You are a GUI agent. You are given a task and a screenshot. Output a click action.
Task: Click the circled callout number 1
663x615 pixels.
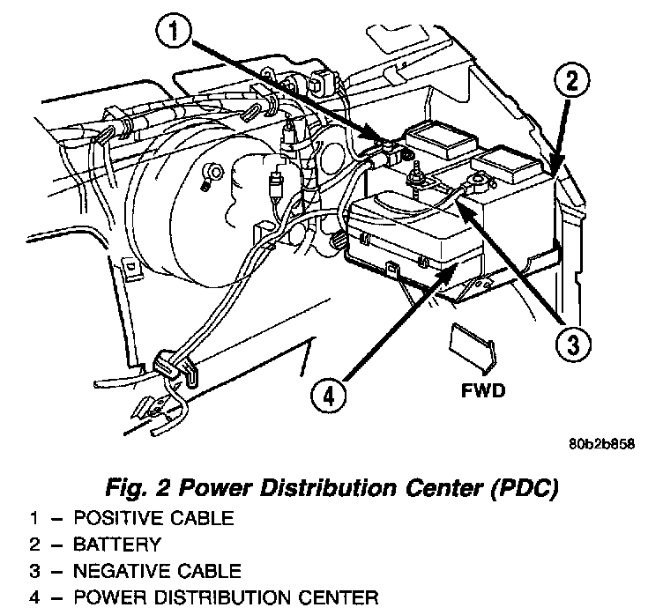(174, 32)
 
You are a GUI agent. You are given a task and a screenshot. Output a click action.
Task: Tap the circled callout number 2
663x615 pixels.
(571, 81)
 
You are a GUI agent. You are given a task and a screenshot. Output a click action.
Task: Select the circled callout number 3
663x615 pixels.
(573, 345)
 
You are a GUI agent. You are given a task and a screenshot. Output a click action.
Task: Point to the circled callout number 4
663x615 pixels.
(329, 396)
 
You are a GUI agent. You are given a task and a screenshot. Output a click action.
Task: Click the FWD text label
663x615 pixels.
(483, 390)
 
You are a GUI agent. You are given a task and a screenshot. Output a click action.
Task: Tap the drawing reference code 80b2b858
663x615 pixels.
(601, 444)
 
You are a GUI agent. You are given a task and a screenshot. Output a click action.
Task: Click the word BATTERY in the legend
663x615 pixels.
(117, 545)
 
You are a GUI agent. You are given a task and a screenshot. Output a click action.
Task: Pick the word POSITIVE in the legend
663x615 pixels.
(118, 518)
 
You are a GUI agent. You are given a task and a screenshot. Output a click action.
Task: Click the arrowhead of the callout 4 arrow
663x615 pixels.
(451, 271)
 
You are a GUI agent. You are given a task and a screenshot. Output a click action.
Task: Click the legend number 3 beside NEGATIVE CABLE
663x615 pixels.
(34, 571)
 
